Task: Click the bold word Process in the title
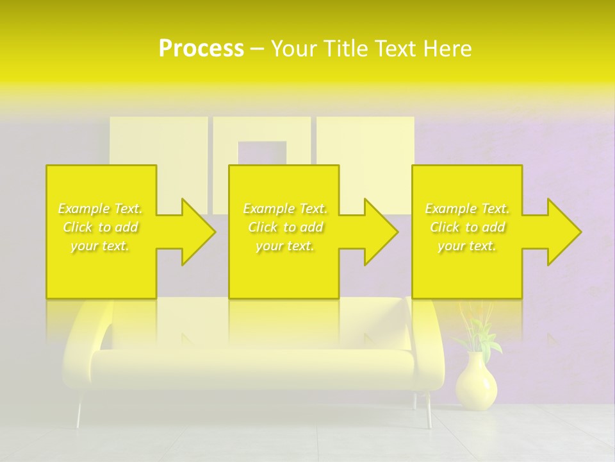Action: click(x=201, y=48)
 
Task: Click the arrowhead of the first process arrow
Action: click(x=195, y=232)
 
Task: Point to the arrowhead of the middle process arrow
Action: click(x=378, y=232)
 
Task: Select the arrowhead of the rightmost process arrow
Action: click(x=561, y=232)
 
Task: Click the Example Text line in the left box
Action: click(x=101, y=209)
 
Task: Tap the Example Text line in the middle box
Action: click(x=285, y=209)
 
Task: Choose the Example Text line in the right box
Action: click(x=467, y=209)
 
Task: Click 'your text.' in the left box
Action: click(x=101, y=246)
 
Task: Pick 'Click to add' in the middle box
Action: click(x=285, y=227)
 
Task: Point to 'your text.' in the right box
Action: click(x=467, y=246)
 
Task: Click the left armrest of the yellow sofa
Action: click(x=83, y=346)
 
